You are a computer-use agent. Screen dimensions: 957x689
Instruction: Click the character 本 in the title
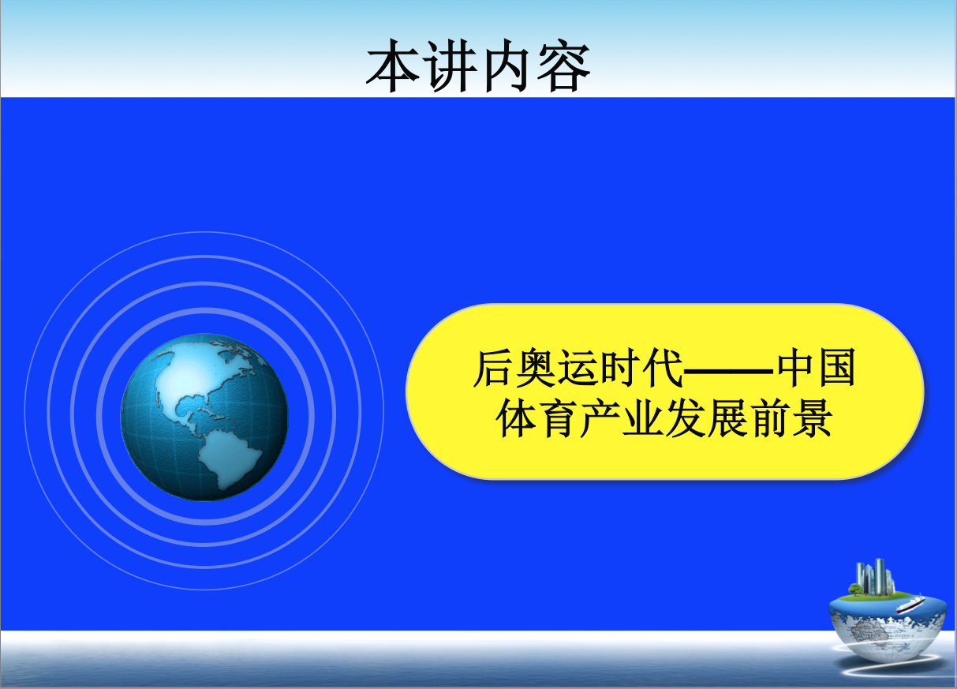coord(393,66)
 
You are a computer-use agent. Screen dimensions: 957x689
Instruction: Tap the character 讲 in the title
coord(451,66)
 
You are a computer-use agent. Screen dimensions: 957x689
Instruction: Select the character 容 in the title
coord(563,66)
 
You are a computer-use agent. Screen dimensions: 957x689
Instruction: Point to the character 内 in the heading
coord(507,66)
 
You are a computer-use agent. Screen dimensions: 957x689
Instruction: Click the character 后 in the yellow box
coord(493,369)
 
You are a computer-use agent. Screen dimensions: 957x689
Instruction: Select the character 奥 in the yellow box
coord(536,369)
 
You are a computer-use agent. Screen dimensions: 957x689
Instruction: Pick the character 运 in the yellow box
coord(578,369)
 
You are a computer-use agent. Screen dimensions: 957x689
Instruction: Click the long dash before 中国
coord(729,370)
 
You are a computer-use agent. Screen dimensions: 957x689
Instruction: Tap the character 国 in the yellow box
coord(836,369)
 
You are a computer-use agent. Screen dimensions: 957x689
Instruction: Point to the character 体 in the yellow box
coord(516,418)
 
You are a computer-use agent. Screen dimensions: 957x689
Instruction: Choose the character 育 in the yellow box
coord(559,418)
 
